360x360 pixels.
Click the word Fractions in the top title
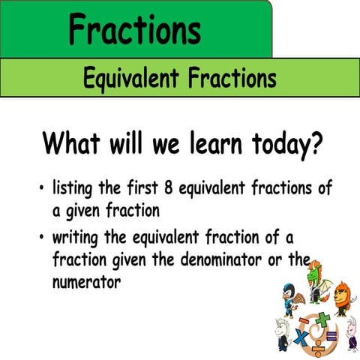tap(134, 30)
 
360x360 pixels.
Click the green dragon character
tap(315, 281)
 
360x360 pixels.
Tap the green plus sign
tap(323, 319)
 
